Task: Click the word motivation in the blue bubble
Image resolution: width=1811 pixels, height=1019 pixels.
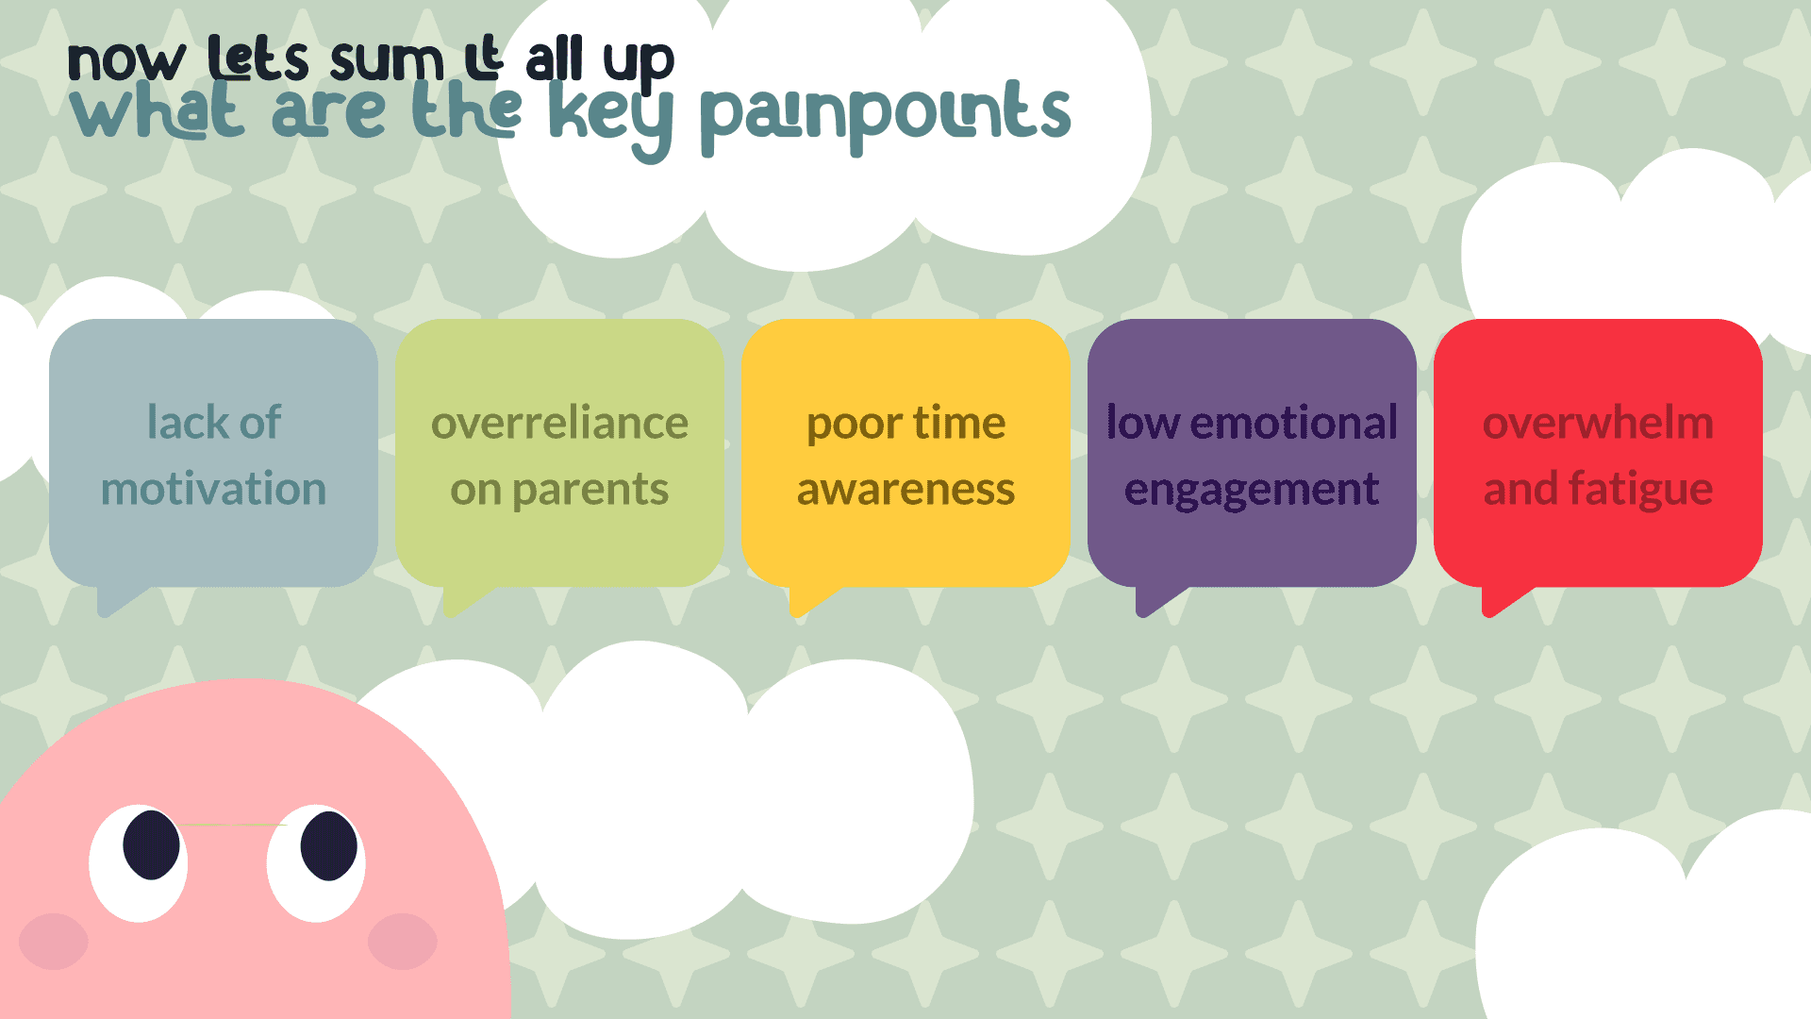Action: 213,489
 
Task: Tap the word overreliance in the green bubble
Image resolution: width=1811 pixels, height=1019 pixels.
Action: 559,423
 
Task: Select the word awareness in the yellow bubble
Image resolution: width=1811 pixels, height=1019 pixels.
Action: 905,490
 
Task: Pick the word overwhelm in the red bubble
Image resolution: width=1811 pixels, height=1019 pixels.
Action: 1598,423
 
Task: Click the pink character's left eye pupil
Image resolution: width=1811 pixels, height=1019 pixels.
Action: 151,844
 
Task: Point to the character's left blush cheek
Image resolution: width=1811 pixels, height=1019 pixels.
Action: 54,941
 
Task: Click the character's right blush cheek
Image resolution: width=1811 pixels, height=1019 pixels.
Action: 403,941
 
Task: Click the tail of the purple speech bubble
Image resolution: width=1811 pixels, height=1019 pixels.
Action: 1155,600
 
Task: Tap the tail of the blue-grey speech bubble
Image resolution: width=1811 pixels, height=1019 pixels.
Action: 117,600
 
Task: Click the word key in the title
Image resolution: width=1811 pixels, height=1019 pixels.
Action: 610,120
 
